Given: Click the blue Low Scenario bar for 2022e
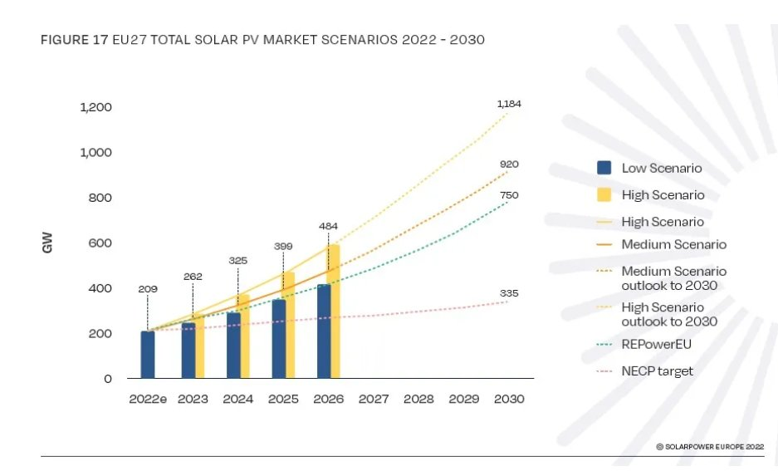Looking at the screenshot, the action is (x=147, y=355).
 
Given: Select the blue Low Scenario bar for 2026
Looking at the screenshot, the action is (x=324, y=331).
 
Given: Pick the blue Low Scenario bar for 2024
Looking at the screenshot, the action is (x=233, y=346).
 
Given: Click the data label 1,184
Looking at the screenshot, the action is (x=509, y=104).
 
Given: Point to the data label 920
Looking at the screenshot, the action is (x=509, y=164).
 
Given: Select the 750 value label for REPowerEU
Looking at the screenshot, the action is (x=509, y=195).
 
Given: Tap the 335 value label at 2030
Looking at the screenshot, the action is (x=509, y=293).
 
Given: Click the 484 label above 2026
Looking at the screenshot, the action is (x=329, y=226).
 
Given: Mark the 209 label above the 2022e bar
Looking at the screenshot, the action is (x=148, y=289).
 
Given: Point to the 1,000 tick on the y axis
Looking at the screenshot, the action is (x=95, y=152).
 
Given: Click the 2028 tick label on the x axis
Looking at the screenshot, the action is (x=418, y=399).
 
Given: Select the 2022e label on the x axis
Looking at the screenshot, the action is (x=148, y=399).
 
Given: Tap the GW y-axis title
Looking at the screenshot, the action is (x=47, y=243).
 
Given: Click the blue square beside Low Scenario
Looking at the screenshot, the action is (x=604, y=168).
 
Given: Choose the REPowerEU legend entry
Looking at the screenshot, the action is (x=643, y=345).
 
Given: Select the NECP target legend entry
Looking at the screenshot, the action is (x=644, y=371).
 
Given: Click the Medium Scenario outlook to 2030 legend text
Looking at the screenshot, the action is (x=674, y=278).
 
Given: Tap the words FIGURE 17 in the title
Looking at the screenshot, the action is (x=75, y=40).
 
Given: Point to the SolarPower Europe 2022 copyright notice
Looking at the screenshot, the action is (x=710, y=447).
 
